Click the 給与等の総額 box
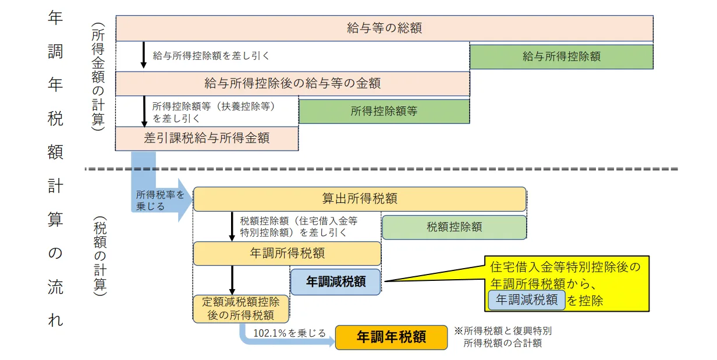click(x=385, y=28)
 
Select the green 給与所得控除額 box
click(x=562, y=56)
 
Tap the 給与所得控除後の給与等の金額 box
click(x=293, y=84)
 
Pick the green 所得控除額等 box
click(x=384, y=111)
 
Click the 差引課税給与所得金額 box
click(x=207, y=138)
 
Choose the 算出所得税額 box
click(x=360, y=199)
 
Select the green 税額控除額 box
click(x=454, y=227)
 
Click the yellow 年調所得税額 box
click(x=287, y=254)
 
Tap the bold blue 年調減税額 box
click(x=335, y=281)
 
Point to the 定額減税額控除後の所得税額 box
click(x=241, y=309)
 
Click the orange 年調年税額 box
click(x=391, y=337)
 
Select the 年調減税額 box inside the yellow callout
click(x=527, y=300)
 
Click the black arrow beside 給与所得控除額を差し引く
click(x=144, y=55)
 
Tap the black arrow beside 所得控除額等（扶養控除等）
click(x=144, y=111)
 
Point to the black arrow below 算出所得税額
click(x=232, y=227)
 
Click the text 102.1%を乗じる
click(x=289, y=333)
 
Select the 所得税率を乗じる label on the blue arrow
click(x=160, y=200)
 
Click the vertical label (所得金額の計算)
click(x=98, y=76)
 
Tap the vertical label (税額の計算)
click(x=100, y=256)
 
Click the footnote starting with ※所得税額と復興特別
click(x=503, y=337)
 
